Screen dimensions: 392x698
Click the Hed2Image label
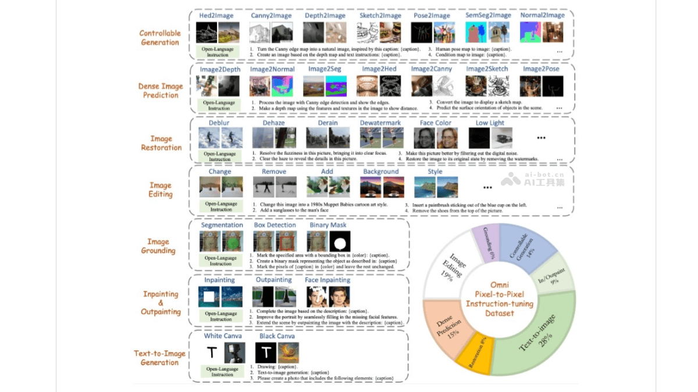(x=216, y=16)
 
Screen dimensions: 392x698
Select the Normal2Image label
(x=542, y=16)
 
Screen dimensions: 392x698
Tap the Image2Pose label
(x=541, y=69)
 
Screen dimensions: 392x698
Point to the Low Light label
(x=490, y=123)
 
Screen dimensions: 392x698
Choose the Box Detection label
(x=275, y=225)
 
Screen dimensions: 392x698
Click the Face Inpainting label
(x=327, y=280)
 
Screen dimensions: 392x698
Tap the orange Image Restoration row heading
(x=161, y=143)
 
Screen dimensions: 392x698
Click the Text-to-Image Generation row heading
(x=160, y=358)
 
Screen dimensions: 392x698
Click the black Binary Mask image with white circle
(x=341, y=242)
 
